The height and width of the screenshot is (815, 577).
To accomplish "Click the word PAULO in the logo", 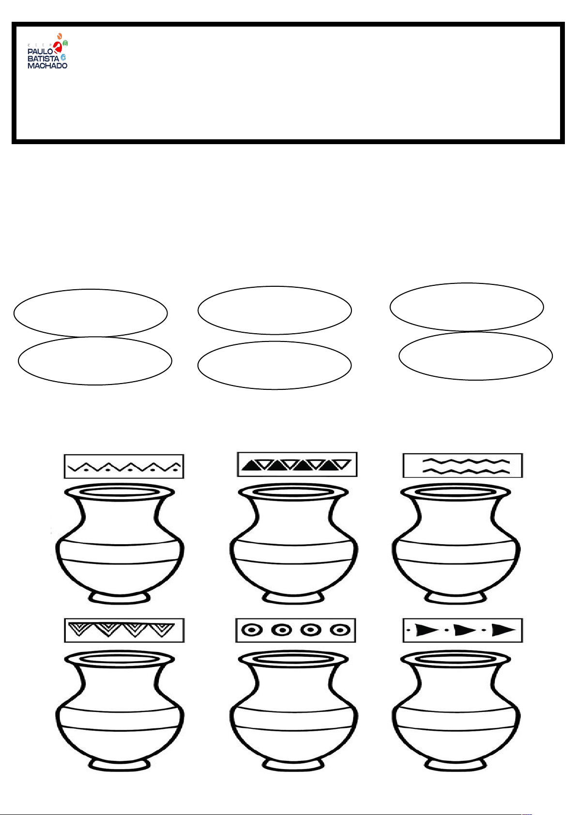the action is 40,52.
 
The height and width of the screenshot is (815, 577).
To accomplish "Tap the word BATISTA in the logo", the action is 43,59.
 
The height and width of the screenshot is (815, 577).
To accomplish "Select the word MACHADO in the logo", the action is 47,65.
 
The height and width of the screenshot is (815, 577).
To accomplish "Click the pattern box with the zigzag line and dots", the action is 124,466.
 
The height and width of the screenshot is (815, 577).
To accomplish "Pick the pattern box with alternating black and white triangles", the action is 297,464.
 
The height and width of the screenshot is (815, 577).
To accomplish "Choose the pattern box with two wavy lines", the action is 463,465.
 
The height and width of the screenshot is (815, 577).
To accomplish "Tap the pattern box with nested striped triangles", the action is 124,631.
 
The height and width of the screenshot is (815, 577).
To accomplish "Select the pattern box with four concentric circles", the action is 296,631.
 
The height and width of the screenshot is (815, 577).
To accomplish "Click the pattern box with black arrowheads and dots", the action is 463,631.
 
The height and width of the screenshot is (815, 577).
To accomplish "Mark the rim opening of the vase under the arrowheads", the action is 456,659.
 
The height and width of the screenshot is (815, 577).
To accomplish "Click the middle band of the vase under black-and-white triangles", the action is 294,552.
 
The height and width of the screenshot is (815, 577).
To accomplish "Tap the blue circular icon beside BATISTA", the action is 63,57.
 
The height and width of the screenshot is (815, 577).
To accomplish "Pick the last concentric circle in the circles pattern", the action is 340,630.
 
